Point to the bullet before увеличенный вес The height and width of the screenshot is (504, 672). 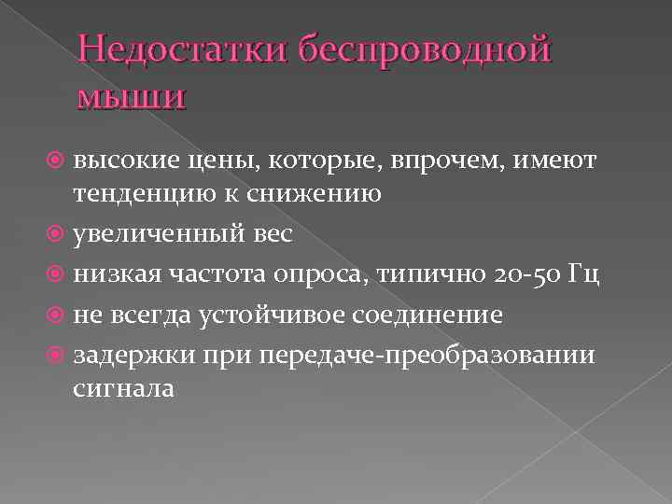click(58, 233)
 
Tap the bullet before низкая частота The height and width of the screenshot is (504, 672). click(58, 274)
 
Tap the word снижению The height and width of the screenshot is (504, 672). click(316, 194)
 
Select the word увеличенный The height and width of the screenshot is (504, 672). click(153, 233)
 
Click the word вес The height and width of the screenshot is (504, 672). click(271, 233)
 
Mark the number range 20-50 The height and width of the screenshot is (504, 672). click(524, 274)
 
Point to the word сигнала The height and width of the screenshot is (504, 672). click(124, 386)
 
